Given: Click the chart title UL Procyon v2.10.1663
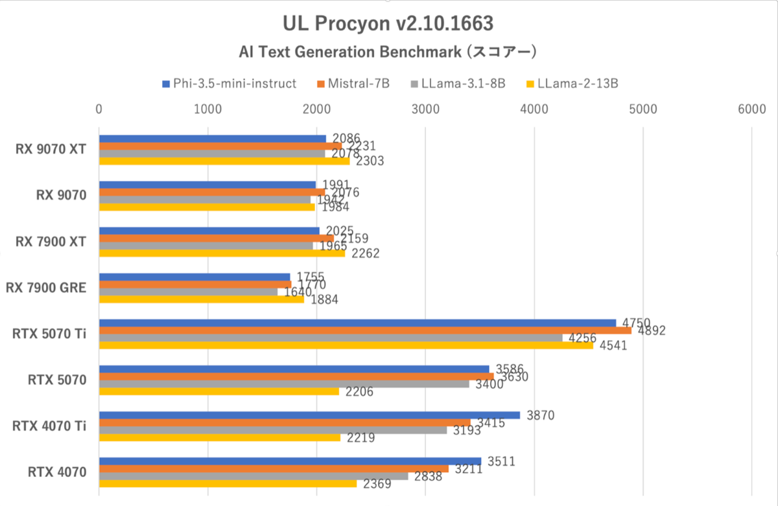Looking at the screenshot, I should click(x=388, y=23).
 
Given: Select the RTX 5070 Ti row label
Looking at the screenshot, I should click(x=49, y=334).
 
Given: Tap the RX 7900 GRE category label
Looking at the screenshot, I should click(x=46, y=288).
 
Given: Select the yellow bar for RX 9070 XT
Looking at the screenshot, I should click(x=224, y=161).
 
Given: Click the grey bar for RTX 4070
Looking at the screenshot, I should click(x=253, y=476).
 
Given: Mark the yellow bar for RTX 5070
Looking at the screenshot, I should click(x=218, y=391).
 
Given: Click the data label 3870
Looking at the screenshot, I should click(x=539, y=415).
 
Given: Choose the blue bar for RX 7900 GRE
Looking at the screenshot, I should click(x=194, y=277).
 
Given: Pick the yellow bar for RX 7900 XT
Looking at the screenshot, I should click(x=222, y=253).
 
